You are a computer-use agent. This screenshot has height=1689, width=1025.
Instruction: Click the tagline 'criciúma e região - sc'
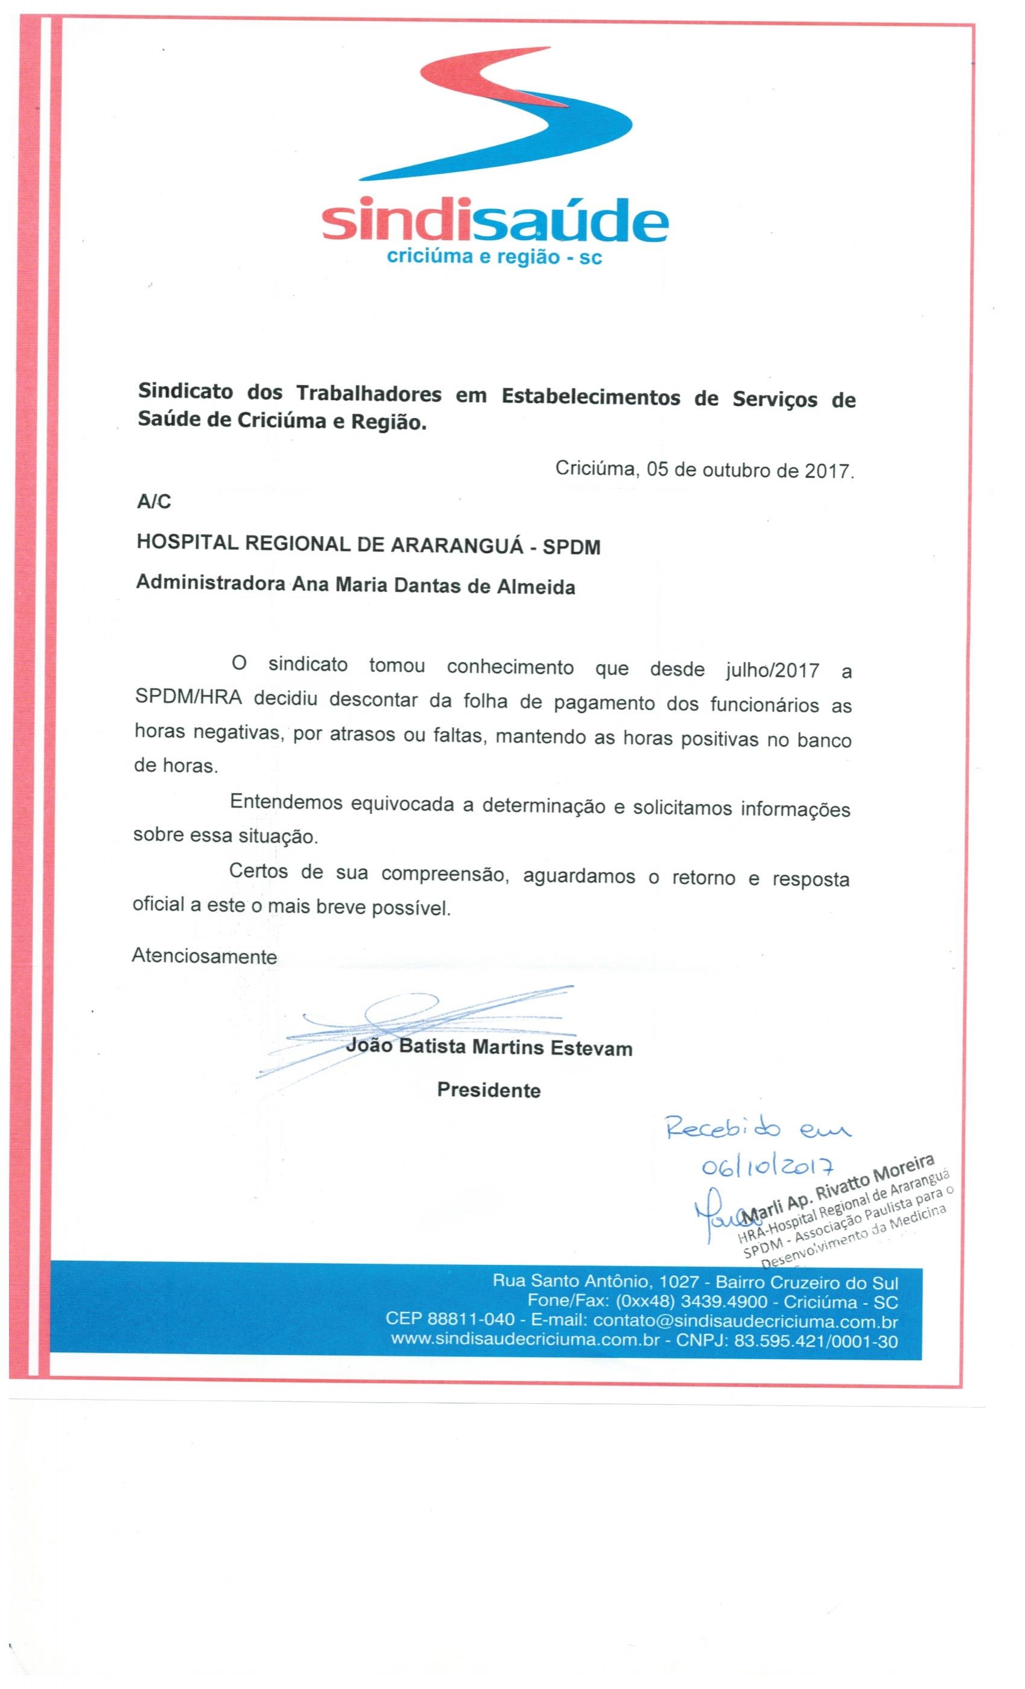(494, 257)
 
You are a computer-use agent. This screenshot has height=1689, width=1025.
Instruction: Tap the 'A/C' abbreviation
(154, 502)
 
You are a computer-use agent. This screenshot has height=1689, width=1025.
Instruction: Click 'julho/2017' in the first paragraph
(772, 670)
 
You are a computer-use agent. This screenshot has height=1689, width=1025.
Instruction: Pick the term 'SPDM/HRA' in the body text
(188, 699)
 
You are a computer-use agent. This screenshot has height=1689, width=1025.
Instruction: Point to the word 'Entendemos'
(286, 803)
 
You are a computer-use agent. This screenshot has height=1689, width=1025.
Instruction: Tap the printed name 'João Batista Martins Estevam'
(489, 1047)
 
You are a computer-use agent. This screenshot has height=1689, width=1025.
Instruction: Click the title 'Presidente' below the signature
(489, 1091)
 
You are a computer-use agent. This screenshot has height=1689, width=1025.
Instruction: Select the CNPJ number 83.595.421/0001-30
(816, 1341)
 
